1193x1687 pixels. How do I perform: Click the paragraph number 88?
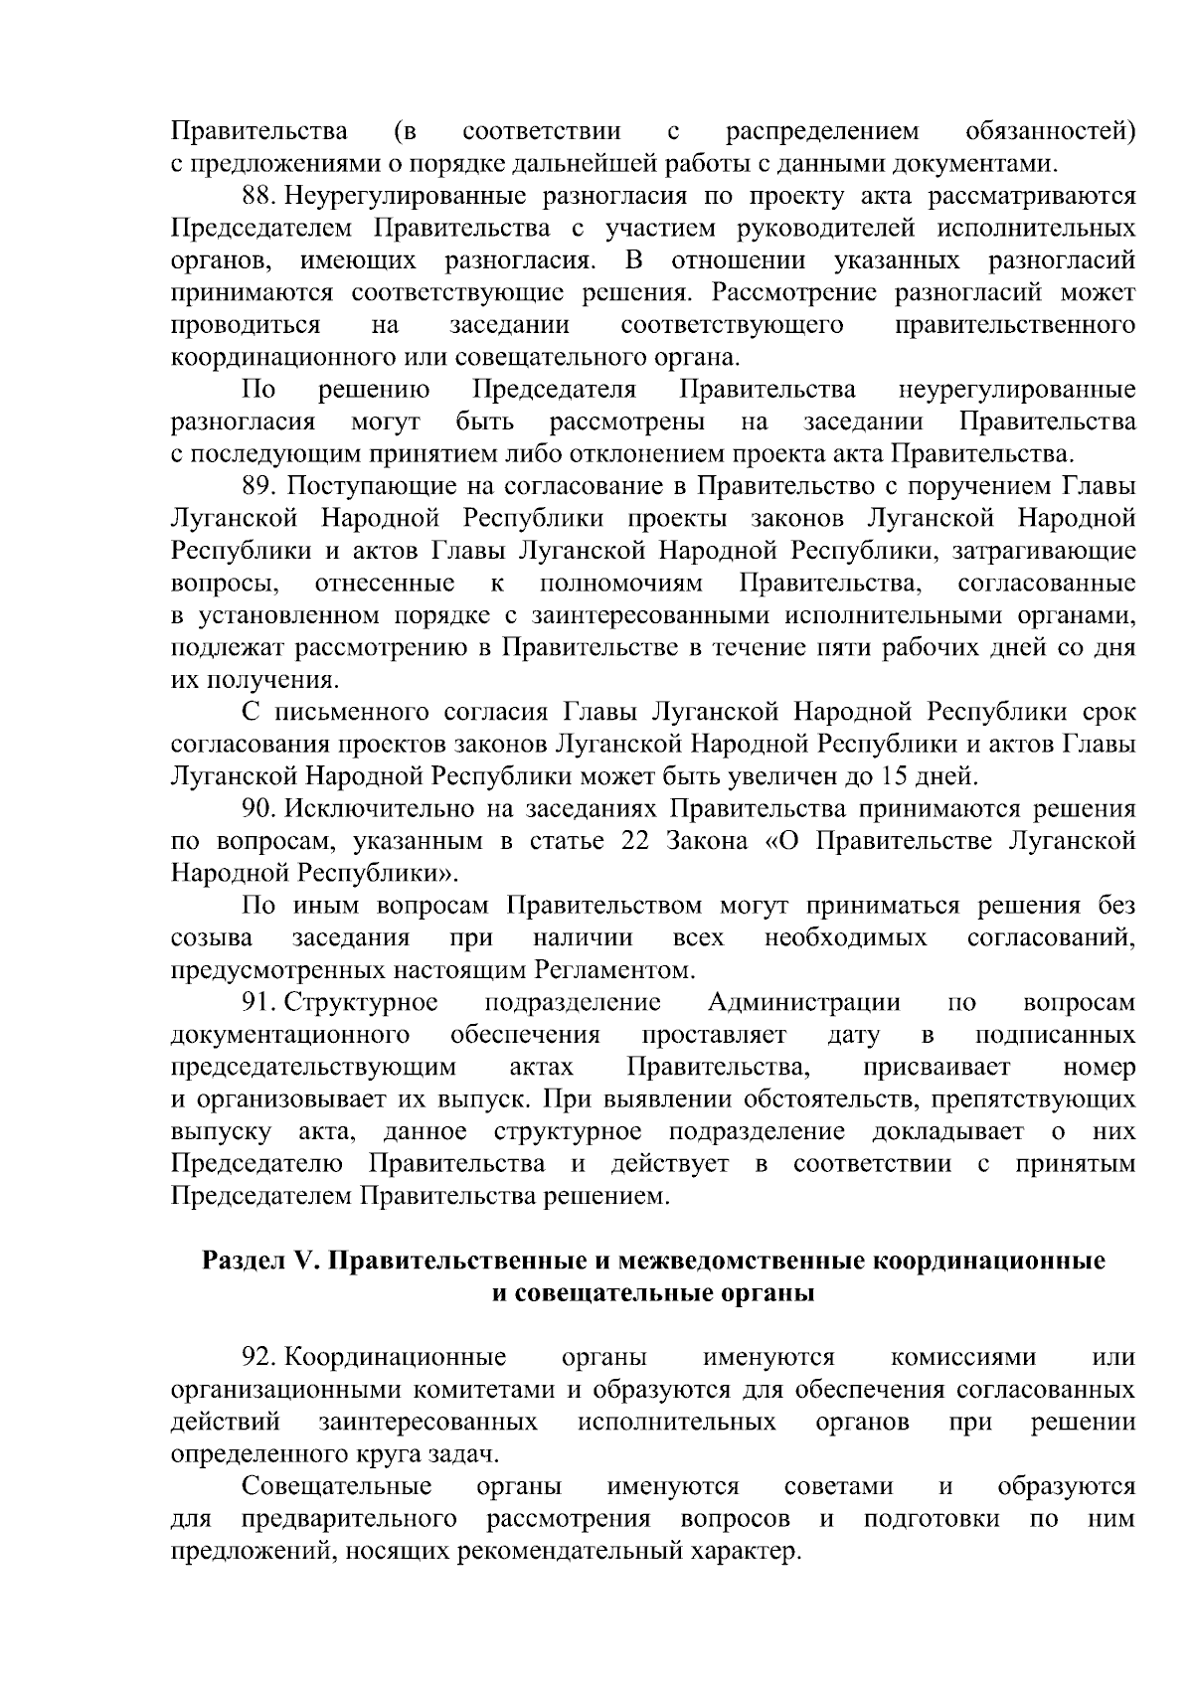(x=259, y=197)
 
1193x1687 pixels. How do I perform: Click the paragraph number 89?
(x=259, y=486)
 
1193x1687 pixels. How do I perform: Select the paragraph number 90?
(x=259, y=808)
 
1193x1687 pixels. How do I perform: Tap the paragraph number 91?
(x=259, y=1002)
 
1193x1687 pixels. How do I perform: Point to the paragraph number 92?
(x=259, y=1357)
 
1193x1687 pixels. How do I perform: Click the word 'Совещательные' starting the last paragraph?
(x=337, y=1486)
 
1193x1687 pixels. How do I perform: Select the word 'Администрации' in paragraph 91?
(x=803, y=1002)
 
